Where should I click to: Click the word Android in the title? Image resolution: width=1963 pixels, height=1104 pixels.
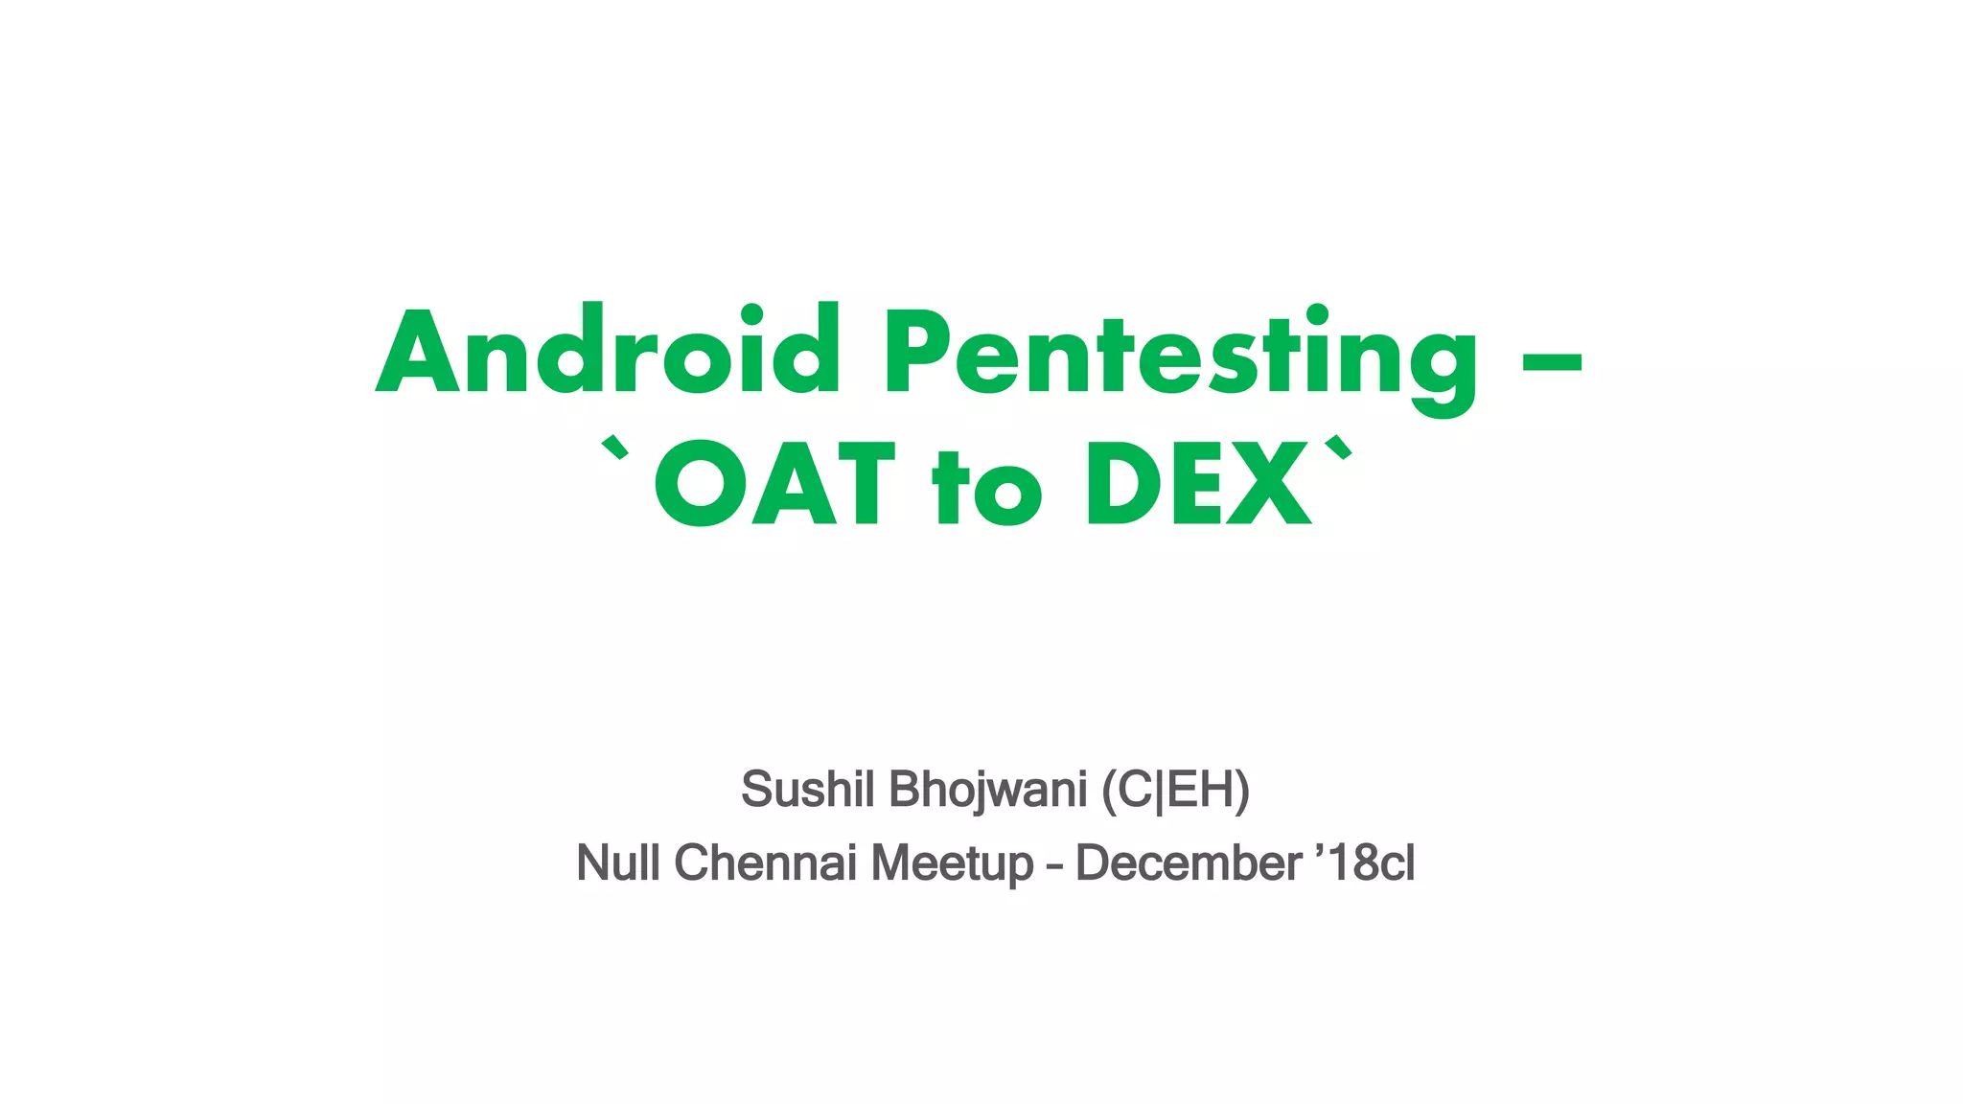(608, 351)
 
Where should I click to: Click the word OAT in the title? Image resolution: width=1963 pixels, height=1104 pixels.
(774, 484)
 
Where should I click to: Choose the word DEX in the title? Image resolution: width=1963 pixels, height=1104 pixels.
(1198, 484)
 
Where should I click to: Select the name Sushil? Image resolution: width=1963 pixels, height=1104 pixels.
(808, 790)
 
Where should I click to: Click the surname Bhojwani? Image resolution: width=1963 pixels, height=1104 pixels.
(987, 790)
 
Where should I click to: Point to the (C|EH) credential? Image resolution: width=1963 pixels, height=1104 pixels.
(1175, 790)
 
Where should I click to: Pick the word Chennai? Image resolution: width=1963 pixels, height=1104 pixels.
(765, 862)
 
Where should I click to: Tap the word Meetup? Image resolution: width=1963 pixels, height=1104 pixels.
(952, 862)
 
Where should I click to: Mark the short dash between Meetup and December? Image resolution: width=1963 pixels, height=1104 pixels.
(1054, 866)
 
